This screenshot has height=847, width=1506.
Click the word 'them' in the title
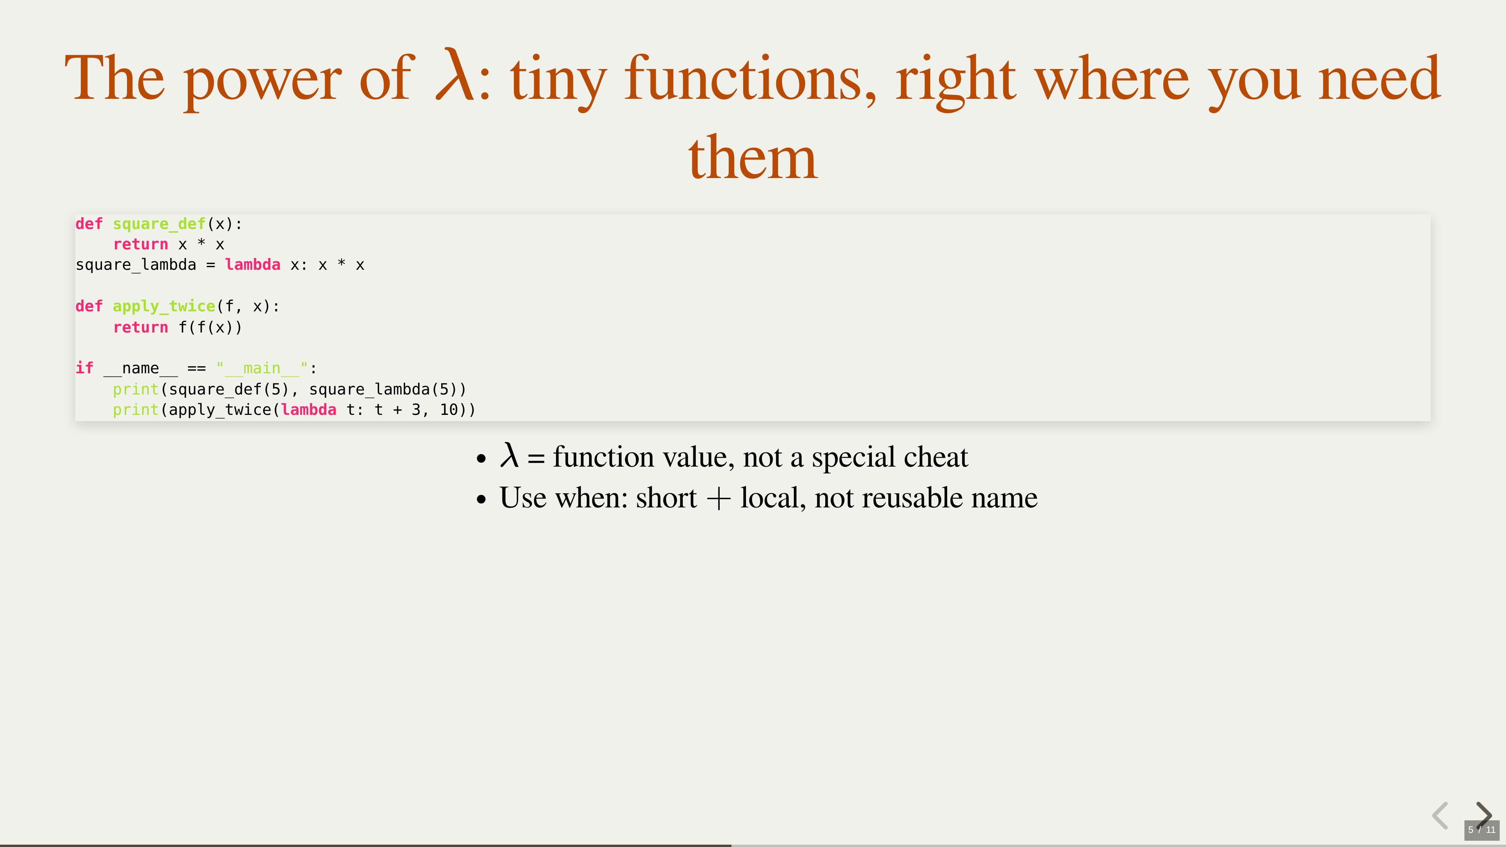[753, 157]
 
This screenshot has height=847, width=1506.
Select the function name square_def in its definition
[159, 224]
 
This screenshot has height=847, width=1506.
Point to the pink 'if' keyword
[84, 368]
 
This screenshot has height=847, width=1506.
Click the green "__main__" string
[262, 368]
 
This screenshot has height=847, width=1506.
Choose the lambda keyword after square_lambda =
[253, 265]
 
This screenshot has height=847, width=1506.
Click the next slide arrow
[1484, 814]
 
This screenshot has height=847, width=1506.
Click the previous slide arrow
[1440, 816]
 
